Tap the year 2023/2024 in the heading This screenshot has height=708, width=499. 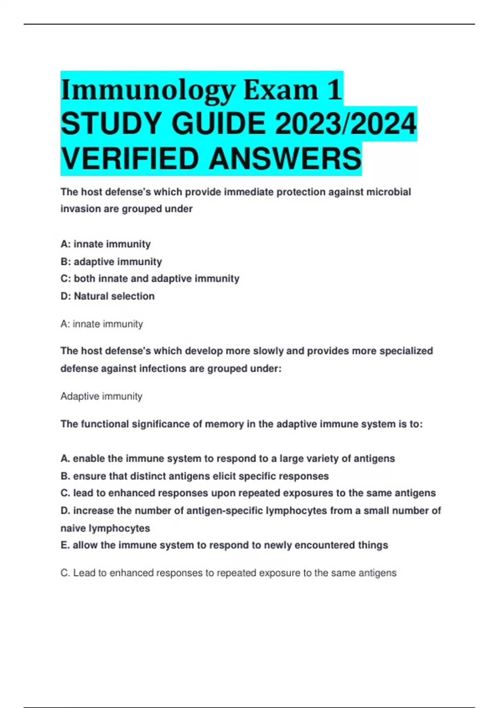pos(346,124)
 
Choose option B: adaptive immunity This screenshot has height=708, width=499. pos(111,262)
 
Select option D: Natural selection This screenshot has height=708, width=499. pos(107,296)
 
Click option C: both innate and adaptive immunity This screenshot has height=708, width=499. pos(150,279)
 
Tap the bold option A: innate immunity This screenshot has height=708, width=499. pos(105,244)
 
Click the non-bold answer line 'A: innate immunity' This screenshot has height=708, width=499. pos(101,324)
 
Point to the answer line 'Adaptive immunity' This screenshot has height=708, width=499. pos(101,396)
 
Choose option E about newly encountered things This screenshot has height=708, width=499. pos(224,545)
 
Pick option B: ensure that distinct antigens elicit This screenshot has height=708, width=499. pos(194,476)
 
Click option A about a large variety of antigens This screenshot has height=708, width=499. pos(227,459)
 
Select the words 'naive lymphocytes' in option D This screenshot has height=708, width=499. pos(105,528)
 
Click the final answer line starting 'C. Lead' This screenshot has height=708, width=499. pos(228,573)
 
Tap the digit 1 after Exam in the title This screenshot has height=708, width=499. pos(334,90)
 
